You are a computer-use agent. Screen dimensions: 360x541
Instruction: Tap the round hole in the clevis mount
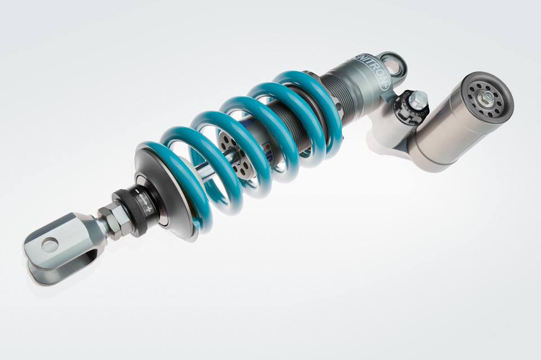[x=50, y=245]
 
